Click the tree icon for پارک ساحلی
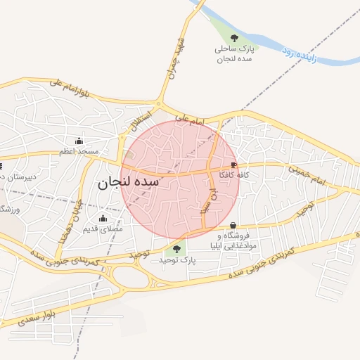point(234,38)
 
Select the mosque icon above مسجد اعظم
point(78,140)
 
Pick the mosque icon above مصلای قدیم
point(103,217)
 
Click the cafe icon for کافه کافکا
point(233,165)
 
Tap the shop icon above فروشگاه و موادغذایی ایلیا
point(233,225)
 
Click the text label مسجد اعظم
point(79,151)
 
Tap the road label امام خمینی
point(307,175)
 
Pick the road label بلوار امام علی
point(70,87)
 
